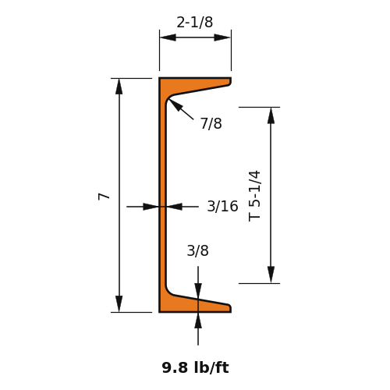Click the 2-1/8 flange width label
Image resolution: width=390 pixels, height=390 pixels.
coord(195,23)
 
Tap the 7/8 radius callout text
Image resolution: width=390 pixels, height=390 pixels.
coord(211,123)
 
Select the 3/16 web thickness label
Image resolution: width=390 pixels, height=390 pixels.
coord(222,206)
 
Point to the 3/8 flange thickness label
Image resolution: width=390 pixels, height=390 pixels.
coord(197,251)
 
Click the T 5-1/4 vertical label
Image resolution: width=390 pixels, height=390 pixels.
coord(254,196)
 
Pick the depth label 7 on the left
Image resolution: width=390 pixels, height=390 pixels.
coord(104,197)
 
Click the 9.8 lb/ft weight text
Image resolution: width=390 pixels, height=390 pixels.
coord(195,367)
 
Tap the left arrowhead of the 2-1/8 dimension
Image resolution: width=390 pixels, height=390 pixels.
coord(168,37)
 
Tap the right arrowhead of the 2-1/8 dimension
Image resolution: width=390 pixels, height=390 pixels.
coord(222,37)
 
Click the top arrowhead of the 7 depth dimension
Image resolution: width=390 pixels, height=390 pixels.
coord(119,87)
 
